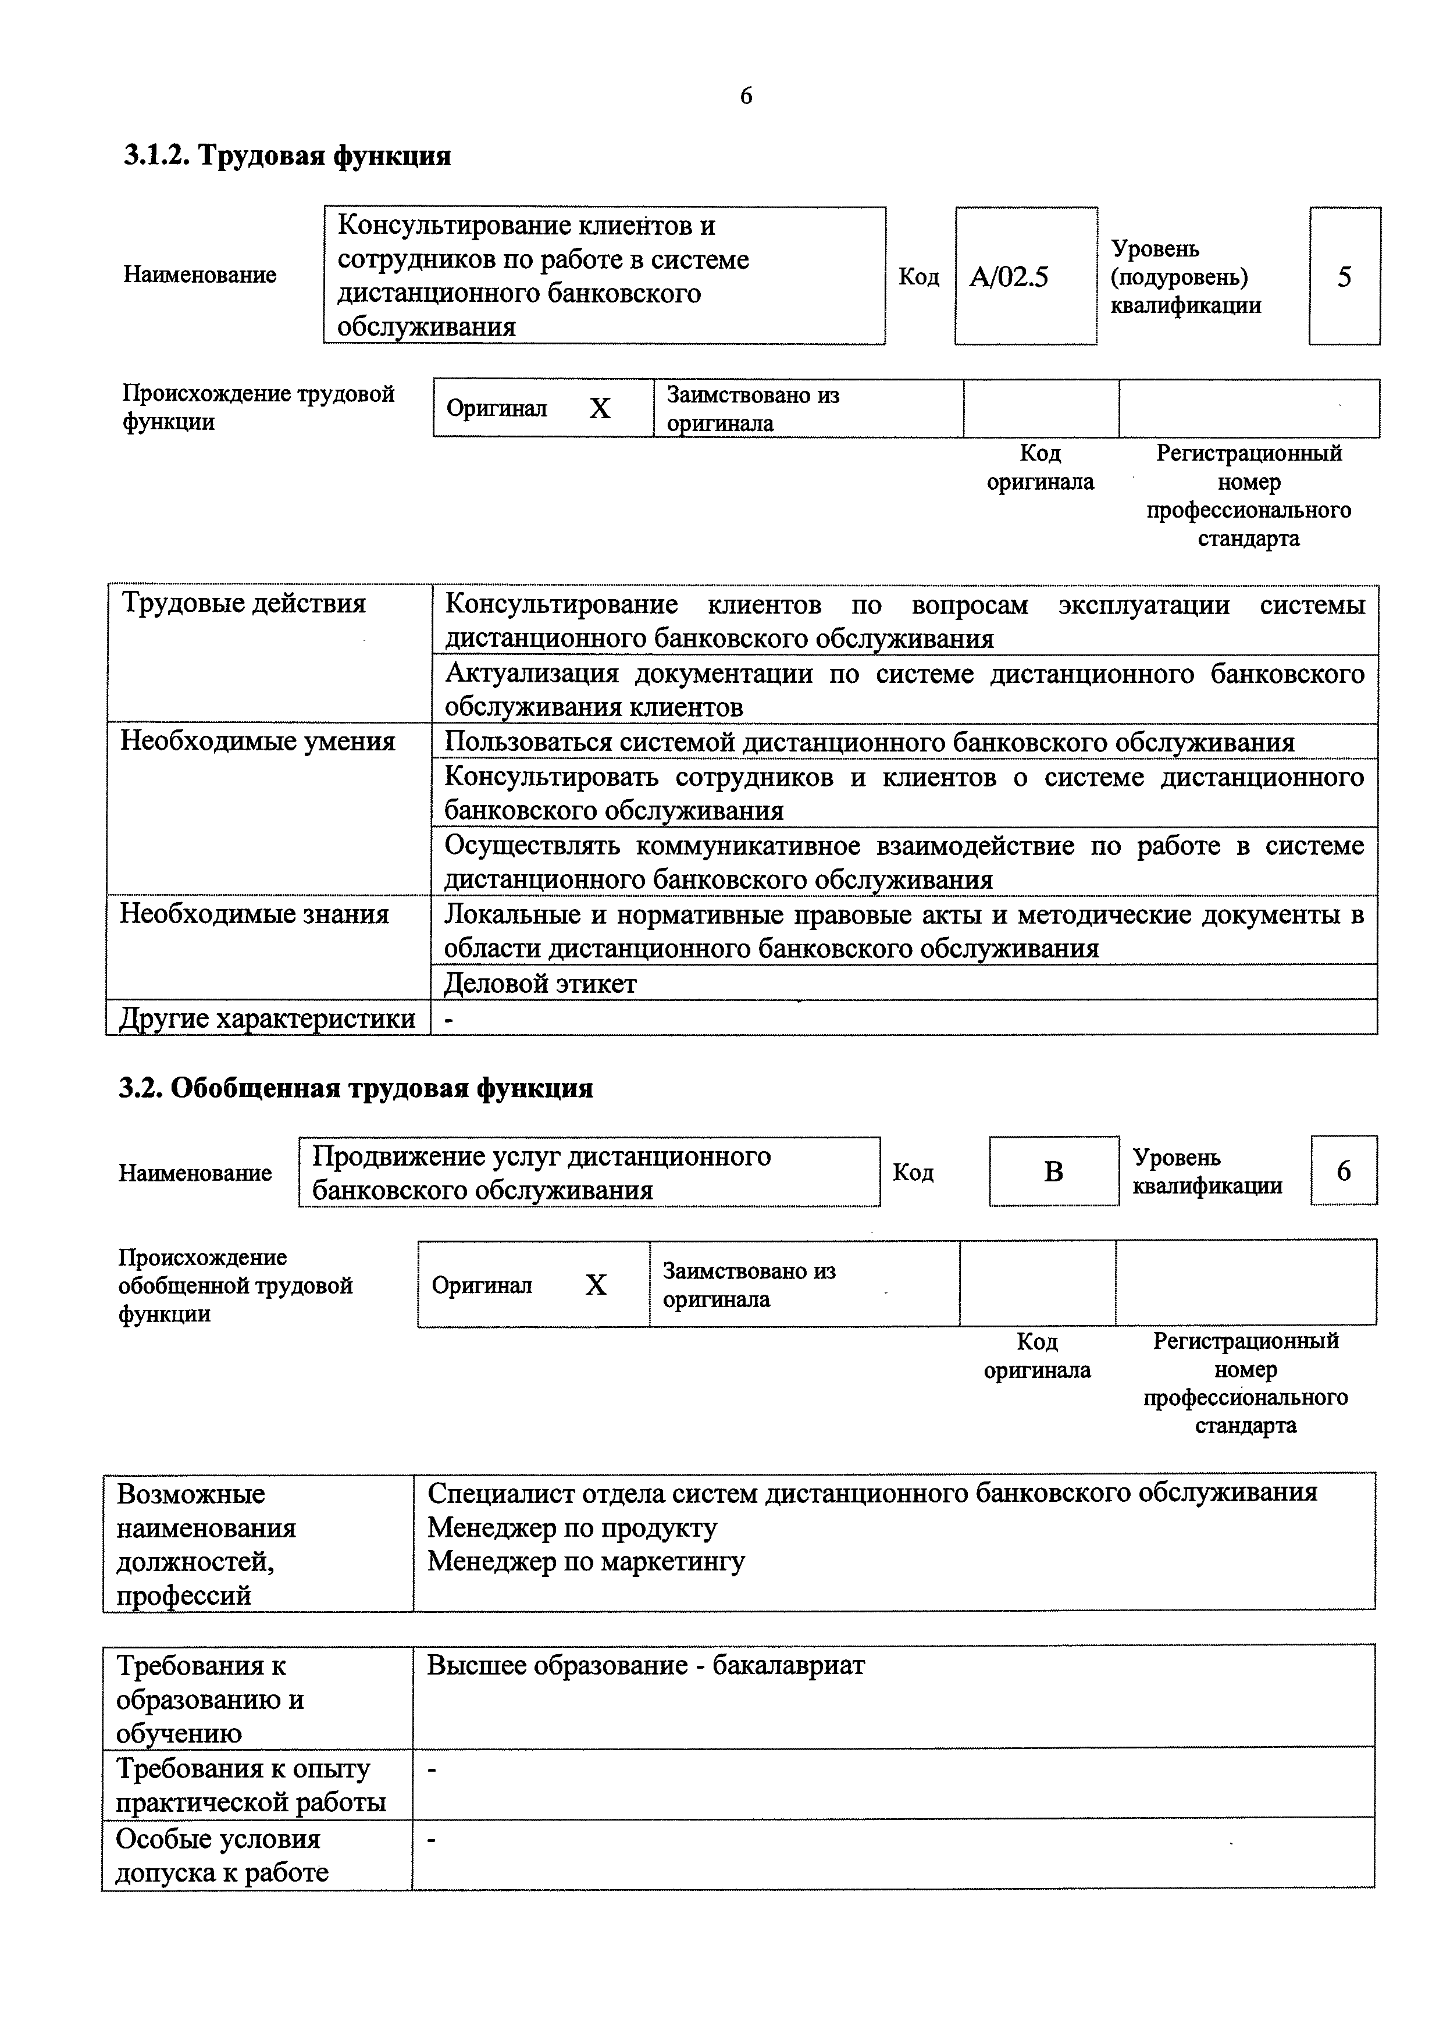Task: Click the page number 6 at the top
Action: click(x=745, y=96)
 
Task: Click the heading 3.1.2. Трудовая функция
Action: click(x=287, y=156)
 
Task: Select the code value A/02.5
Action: click(x=1009, y=277)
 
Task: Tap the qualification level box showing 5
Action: click(x=1344, y=276)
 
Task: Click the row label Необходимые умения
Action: click(x=258, y=742)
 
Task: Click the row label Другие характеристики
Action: click(x=268, y=1018)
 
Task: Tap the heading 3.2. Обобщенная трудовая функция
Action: click(x=355, y=1088)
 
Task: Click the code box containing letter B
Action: click(x=1053, y=1171)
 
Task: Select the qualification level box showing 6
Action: click(x=1344, y=1171)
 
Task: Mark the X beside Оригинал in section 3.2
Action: click(x=596, y=1285)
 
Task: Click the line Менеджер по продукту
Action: click(x=572, y=1527)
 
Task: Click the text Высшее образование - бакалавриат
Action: click(x=646, y=1665)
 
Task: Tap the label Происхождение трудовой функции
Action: click(x=258, y=407)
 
